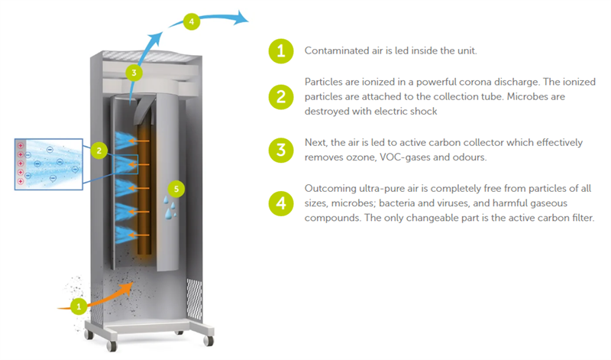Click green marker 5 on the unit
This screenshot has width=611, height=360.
(x=176, y=186)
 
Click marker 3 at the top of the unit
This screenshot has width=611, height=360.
(x=134, y=73)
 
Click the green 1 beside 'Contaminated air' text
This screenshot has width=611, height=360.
(x=281, y=51)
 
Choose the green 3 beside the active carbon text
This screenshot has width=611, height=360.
(x=281, y=150)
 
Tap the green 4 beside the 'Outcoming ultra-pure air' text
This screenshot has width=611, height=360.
(x=281, y=203)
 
